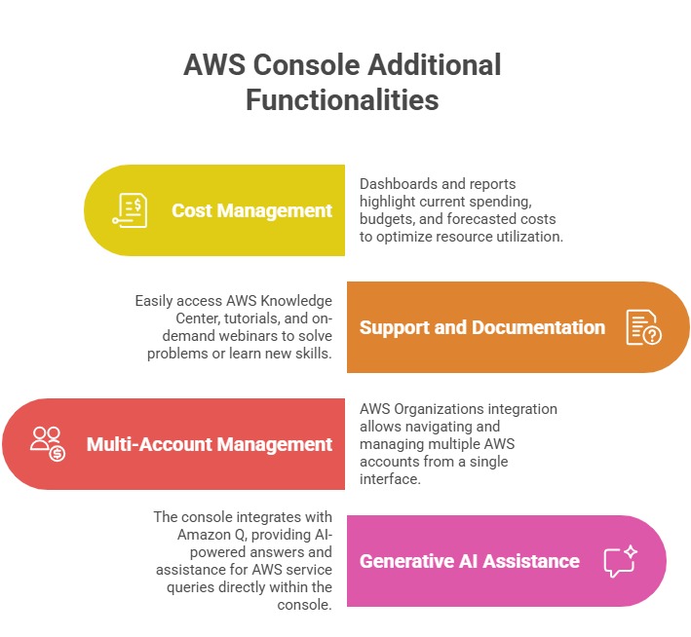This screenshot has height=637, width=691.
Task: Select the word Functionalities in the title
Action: (342, 100)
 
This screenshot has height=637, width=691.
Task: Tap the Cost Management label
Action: (251, 210)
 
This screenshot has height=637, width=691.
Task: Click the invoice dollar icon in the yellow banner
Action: (130, 210)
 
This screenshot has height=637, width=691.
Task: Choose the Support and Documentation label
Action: (481, 327)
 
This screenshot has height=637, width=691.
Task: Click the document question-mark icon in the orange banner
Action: (643, 327)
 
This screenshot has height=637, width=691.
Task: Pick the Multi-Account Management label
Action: (210, 444)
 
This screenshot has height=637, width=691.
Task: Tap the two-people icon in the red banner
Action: (47, 443)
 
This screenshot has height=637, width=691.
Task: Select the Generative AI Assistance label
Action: (469, 561)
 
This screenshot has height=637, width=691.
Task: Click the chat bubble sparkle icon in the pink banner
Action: (620, 560)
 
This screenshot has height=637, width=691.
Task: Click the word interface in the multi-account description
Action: (392, 479)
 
